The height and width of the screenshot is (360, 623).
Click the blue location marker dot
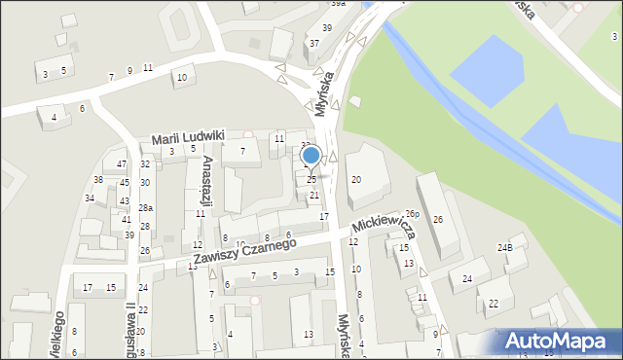tap(311, 156)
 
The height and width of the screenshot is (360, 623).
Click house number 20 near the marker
tap(356, 179)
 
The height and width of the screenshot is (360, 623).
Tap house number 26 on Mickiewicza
tap(438, 220)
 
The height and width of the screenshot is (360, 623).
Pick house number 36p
tap(412, 214)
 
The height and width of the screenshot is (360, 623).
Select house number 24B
tap(505, 247)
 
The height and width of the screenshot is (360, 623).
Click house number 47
tap(122, 164)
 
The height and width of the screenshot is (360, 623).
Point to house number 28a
tap(145, 208)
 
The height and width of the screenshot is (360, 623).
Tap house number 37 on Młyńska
tap(314, 44)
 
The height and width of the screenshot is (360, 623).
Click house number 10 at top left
tap(181, 77)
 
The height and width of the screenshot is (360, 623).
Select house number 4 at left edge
tap(54, 118)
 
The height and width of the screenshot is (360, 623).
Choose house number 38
tap(98, 180)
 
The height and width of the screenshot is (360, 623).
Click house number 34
tap(90, 198)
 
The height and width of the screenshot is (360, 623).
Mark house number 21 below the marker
tap(314, 196)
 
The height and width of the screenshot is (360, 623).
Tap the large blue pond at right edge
tap(575, 136)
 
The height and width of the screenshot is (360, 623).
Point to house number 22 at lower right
tap(494, 304)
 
